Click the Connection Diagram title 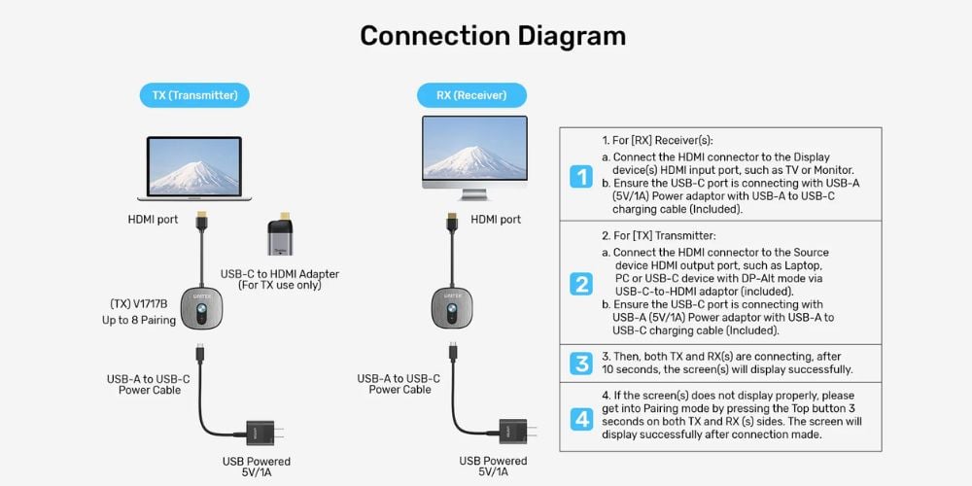493,36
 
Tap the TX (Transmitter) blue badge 194,95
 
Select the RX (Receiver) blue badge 471,95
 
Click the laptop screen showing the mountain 194,165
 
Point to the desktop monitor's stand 475,193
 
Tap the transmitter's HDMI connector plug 201,221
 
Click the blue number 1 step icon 581,177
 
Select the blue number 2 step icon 581,284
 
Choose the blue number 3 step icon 581,364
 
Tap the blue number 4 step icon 581,419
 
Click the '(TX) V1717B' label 139,304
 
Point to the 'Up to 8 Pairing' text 139,321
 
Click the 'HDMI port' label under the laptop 154,220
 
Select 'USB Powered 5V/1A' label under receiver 494,467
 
